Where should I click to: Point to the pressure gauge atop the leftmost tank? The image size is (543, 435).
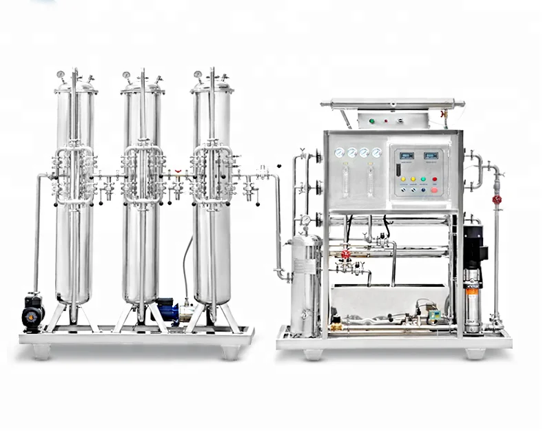pos(61,74)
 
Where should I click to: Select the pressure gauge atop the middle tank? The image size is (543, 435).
pos(127,74)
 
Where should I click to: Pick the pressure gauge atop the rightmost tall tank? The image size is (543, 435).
pos(198,74)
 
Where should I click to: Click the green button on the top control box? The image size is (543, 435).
pos(372,121)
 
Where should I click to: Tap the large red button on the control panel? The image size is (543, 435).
pos(434,189)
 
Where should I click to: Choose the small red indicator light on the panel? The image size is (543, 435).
pos(434,178)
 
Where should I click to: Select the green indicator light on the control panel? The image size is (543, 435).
pos(423,178)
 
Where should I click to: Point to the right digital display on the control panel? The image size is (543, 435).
pos(431,156)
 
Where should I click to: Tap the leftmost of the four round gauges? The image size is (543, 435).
pos(339,153)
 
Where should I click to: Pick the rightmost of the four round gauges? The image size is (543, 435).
pos(376,153)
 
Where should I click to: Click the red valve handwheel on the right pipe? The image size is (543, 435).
pos(496,200)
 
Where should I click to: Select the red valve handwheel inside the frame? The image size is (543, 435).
pos(346,254)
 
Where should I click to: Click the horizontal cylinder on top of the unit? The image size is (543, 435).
pos(393,104)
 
